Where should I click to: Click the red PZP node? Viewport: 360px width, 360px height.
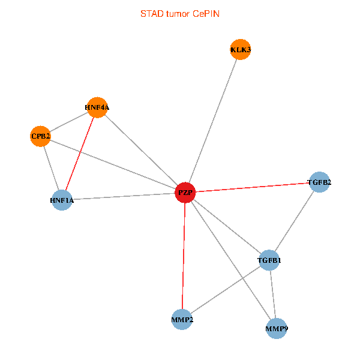tap(185, 193)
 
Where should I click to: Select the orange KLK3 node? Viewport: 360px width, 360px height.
tap(240, 49)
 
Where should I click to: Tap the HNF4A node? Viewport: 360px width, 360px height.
tap(97, 107)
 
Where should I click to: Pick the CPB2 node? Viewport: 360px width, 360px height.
tap(41, 136)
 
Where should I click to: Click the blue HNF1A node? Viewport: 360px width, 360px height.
tap(62, 200)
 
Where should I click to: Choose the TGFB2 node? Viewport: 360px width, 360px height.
tap(319, 182)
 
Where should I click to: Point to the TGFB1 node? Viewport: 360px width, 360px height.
tap(269, 260)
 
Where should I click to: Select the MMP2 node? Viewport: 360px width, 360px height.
tap(182, 319)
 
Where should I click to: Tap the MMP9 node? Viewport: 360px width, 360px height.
tap(276, 329)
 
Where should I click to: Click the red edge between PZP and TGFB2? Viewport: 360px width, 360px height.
tap(252, 187)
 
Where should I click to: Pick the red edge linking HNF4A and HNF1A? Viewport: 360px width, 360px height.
tap(80, 154)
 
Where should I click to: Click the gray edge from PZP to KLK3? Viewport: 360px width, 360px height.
tap(212, 121)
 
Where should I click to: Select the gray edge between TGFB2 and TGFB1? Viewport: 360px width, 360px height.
tap(294, 221)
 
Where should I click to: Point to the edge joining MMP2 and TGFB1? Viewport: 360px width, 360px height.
tap(226, 290)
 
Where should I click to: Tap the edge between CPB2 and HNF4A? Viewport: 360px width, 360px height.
tap(69, 122)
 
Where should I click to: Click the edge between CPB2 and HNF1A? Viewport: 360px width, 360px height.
tap(51, 168)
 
